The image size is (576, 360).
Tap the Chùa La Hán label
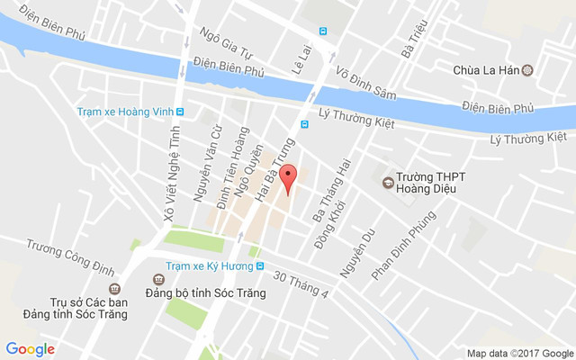(x=490, y=69)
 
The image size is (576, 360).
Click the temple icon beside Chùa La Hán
(x=528, y=69)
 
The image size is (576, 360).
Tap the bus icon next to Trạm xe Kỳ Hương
(x=260, y=265)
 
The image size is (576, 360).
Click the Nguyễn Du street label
(x=355, y=254)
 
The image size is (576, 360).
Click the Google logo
(x=30, y=349)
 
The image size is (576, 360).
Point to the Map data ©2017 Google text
(x=519, y=353)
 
